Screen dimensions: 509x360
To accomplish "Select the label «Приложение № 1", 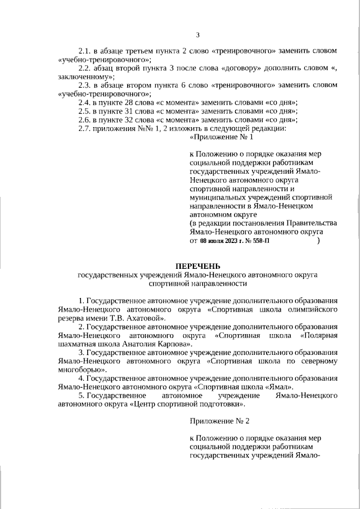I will [222, 137].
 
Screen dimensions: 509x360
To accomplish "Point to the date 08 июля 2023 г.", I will [221, 241].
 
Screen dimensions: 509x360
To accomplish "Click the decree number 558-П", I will [259, 241].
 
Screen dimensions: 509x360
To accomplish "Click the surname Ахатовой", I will [142, 318].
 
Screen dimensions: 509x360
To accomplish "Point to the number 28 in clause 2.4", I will [127, 103].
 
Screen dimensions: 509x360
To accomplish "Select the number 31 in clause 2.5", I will [127, 111].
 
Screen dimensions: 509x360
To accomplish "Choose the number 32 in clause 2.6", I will [127, 120].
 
